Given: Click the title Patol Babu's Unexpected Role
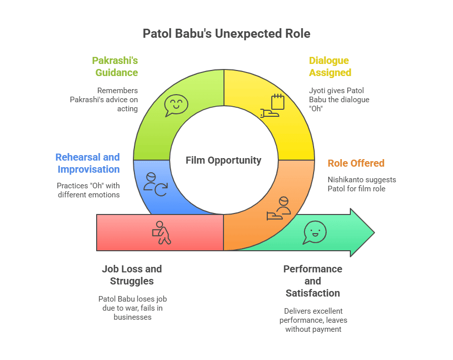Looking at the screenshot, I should [226, 34].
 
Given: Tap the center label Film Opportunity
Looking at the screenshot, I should [223, 160].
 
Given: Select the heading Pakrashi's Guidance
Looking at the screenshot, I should [115, 66].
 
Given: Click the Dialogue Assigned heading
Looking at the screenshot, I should [330, 66].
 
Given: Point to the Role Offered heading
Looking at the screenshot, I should [356, 163].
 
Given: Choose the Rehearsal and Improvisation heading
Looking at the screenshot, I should [88, 163].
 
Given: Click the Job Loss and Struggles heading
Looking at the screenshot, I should [132, 274].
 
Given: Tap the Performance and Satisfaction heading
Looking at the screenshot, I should [313, 281].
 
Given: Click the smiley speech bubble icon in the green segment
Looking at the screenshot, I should [176, 106].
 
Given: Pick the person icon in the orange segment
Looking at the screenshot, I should [279, 208].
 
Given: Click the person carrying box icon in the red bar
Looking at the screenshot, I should [162, 233].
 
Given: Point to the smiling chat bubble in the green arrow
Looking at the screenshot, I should [315, 233].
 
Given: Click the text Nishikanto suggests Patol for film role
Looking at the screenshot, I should [361, 184].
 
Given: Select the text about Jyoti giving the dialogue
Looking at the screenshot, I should [339, 100].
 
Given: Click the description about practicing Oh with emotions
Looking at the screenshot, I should [88, 190].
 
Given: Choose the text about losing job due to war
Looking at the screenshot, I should [132, 308].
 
